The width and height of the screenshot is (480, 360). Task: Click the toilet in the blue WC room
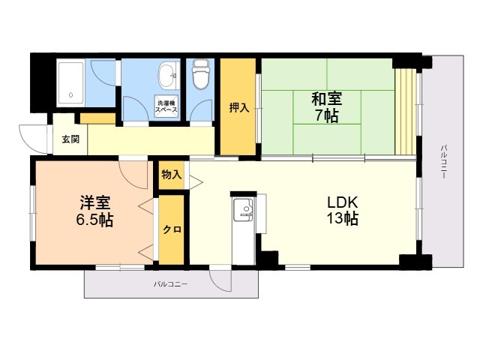tap(200, 74)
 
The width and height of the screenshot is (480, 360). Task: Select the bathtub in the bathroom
tap(70, 82)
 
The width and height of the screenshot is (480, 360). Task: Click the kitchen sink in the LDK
tap(243, 210)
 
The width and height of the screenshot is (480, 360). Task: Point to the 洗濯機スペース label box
tap(166, 106)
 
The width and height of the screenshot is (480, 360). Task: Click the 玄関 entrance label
tap(70, 139)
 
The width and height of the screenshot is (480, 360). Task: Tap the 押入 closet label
tap(239, 107)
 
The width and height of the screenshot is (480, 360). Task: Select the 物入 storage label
tap(172, 175)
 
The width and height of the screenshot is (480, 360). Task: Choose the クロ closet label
tap(172, 229)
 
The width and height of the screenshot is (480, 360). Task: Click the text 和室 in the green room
tap(327, 99)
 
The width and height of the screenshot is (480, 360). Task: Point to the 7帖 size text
tap(327, 115)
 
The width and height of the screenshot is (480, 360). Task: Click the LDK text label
tap(342, 202)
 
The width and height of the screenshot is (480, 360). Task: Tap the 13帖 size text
tap(343, 218)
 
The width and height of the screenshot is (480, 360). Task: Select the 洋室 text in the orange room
tap(95, 202)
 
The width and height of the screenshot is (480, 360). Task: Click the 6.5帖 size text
tap(94, 220)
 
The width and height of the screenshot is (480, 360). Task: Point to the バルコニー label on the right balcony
tap(443, 161)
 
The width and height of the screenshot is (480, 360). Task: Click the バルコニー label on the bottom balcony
tap(170, 284)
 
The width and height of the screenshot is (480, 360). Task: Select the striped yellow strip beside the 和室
tap(406, 112)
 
